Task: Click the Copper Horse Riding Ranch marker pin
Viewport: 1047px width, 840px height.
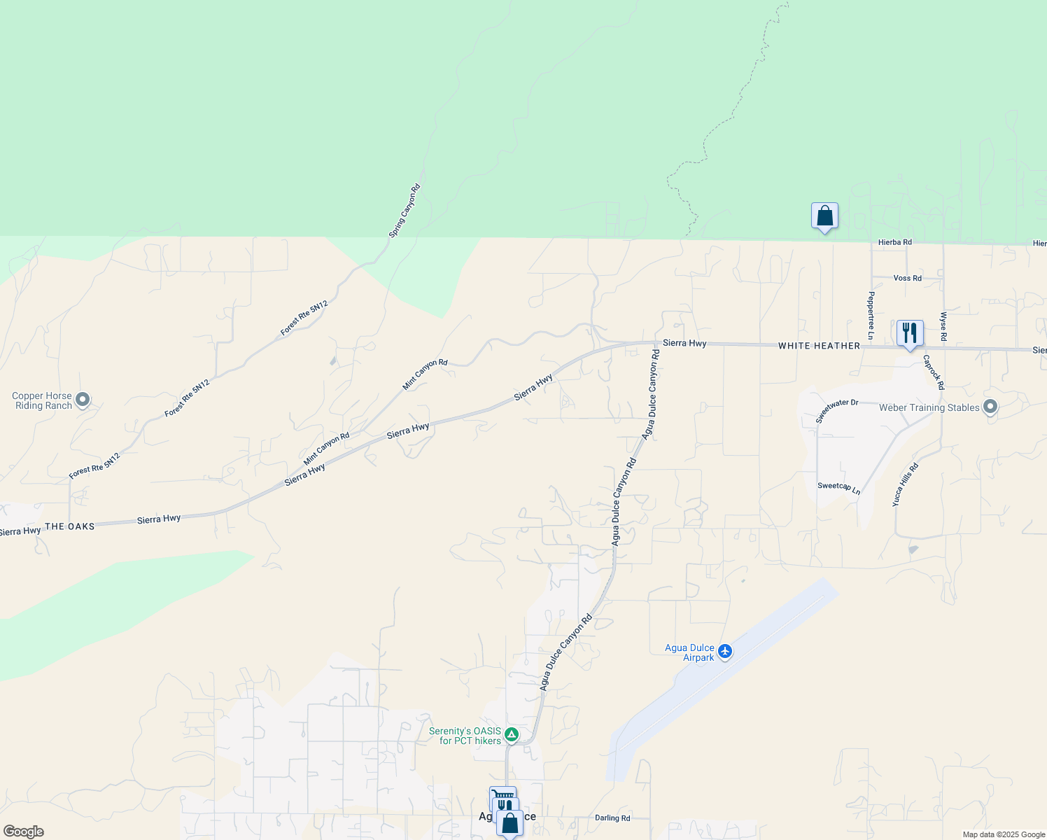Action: coord(83,400)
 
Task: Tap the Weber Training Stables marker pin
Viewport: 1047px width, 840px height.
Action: coord(990,407)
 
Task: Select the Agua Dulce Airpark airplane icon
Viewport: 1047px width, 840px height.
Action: coord(725,652)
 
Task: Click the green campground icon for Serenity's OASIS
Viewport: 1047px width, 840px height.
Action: coord(512,734)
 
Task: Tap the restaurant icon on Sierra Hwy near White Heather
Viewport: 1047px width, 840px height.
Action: coord(910,332)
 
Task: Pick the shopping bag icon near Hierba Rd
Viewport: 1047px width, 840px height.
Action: coord(824,216)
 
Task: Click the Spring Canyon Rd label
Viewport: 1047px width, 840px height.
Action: coord(405,210)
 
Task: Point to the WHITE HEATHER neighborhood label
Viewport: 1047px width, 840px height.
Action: coord(819,346)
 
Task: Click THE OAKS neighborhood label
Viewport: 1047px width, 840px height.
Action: coord(69,526)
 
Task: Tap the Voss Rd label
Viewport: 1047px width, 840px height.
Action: coord(907,278)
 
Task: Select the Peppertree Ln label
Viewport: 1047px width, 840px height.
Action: coord(871,316)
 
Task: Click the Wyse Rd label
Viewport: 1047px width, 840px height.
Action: coord(943,327)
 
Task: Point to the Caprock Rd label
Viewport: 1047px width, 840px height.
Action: coord(934,372)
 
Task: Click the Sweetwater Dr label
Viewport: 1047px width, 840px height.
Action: coord(836,411)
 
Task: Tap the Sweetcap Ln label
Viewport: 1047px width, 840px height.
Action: coord(838,487)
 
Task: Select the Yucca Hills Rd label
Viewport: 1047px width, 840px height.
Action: coord(905,484)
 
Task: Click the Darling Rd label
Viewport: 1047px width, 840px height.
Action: coord(612,818)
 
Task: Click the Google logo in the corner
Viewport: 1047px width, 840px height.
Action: coord(23,832)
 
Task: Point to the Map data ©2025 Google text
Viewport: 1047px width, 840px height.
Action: coord(1004,834)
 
